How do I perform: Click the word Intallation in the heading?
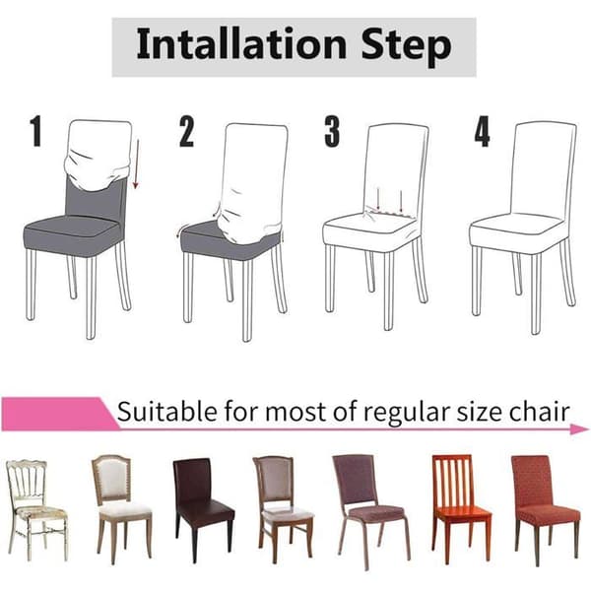241,44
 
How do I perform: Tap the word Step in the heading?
406,47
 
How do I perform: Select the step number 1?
35,131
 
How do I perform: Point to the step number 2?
186,131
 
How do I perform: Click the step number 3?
332,131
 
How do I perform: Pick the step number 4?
482,131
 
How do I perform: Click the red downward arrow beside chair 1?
136,164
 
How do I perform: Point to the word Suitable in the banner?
166,412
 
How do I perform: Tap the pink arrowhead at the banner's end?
579,428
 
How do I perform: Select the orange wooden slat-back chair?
461,508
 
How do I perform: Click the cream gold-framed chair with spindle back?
37,510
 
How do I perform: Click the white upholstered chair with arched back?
121,508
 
